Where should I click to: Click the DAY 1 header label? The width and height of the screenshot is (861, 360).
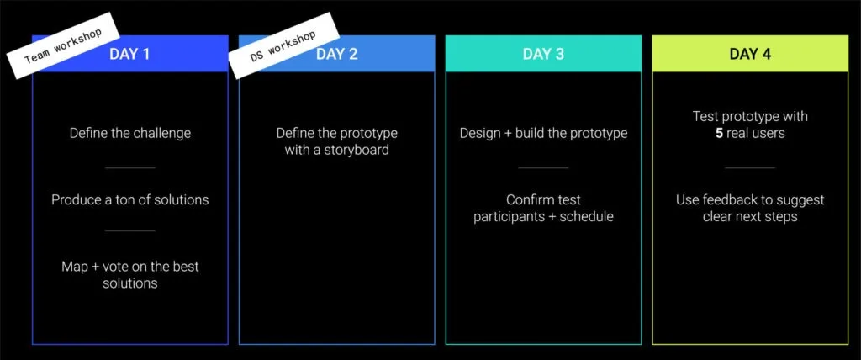click(129, 54)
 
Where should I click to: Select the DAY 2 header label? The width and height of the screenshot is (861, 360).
click(336, 54)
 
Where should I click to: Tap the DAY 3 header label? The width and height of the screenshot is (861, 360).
click(543, 54)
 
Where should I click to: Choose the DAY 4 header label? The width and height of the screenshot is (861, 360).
click(750, 54)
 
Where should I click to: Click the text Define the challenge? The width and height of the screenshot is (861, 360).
click(130, 133)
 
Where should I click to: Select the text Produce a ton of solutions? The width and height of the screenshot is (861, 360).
click(130, 200)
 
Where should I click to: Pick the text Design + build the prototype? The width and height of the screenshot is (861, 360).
click(543, 133)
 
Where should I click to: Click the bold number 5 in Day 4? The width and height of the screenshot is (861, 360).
click(719, 134)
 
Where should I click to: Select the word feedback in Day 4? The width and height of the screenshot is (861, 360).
click(733, 200)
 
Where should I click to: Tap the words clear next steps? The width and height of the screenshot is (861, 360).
click(750, 217)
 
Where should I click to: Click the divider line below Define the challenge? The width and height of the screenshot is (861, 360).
click(130, 167)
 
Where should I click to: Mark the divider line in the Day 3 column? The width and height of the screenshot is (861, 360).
click(543, 167)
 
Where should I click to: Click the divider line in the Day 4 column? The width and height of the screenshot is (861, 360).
click(750, 167)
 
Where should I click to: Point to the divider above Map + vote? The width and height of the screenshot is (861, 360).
click(130, 230)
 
